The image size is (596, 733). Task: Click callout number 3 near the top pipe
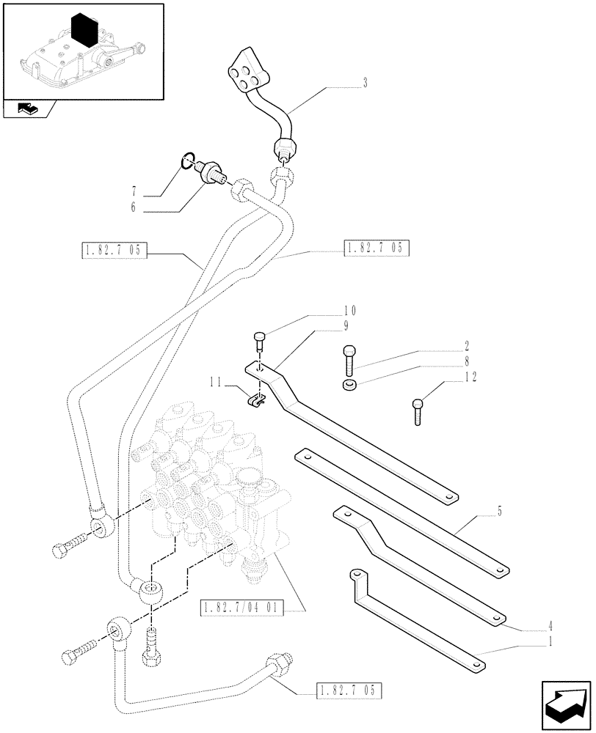365,84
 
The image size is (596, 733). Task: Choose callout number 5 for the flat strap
500,512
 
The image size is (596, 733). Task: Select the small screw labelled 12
418,410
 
